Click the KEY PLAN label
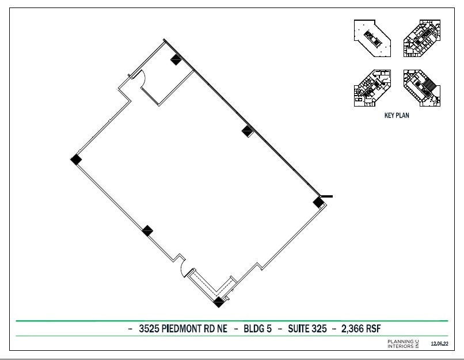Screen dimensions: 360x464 coord(397,115)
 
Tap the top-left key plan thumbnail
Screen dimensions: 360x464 coord(372,38)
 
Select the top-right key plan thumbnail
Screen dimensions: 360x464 coord(423,38)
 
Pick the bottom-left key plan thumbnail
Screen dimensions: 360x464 coord(372,88)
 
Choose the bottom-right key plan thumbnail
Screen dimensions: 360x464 coord(423,88)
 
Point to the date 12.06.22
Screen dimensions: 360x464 coord(440,344)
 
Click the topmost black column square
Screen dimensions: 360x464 coord(176,59)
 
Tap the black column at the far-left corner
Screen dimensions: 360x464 coord(75,160)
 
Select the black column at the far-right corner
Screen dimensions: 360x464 coord(318,202)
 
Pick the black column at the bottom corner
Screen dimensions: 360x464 coord(218,301)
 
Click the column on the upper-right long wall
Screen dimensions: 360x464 coord(248,130)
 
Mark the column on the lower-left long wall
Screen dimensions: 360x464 coord(147,231)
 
